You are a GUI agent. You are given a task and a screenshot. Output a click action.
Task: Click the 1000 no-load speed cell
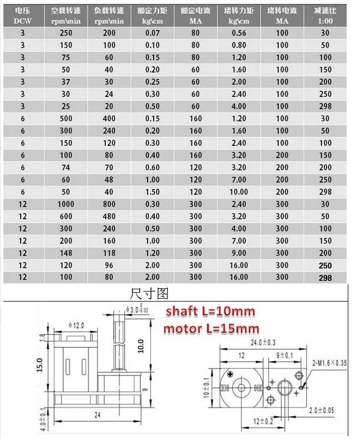tap(66, 204)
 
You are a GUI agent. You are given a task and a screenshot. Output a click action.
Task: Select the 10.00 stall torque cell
tap(239, 192)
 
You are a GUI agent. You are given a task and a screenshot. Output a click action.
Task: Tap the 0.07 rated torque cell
tap(152, 33)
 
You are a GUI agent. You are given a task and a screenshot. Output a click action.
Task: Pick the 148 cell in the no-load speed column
tap(66, 253)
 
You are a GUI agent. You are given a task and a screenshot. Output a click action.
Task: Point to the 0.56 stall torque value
tap(239, 33)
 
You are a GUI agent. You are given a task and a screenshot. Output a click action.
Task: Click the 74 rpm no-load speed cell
tap(66, 167)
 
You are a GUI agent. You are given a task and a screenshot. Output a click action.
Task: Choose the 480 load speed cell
tap(109, 216)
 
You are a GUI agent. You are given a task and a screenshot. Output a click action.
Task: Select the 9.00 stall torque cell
tap(239, 253)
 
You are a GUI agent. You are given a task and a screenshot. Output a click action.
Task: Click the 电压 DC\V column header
tap(23, 16)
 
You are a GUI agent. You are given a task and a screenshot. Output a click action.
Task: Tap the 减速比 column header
tap(325, 16)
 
